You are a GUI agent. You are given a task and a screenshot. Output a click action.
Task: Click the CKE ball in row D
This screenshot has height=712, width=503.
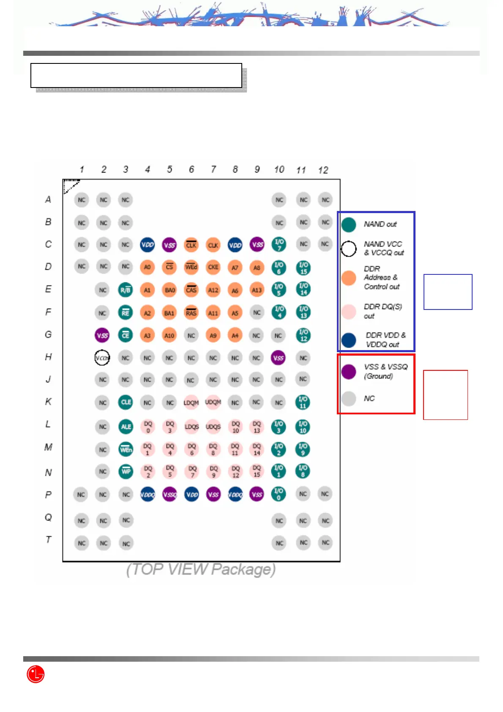tap(213, 267)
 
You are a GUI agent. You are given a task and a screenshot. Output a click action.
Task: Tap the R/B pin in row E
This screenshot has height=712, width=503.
tap(126, 290)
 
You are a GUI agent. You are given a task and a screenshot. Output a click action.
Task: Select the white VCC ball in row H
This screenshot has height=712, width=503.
tap(102, 358)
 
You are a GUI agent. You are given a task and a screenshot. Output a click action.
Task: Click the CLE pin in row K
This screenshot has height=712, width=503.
tap(126, 402)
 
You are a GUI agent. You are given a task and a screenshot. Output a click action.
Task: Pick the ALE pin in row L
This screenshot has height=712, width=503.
tap(126, 427)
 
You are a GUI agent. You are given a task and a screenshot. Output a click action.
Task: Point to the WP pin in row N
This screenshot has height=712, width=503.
tap(126, 471)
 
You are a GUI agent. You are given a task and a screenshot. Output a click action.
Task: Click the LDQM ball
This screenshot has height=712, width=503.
tap(191, 403)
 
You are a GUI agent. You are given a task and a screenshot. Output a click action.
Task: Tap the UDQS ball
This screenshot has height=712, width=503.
tap(213, 427)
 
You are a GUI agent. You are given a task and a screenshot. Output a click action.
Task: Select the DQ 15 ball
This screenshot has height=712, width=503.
tap(257, 471)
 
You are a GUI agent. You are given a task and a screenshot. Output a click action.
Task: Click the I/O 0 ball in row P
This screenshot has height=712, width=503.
tap(279, 494)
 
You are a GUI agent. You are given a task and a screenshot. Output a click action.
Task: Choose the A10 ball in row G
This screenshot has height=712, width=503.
tap(169, 336)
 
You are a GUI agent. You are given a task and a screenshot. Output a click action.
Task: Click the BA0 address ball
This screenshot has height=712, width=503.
tap(169, 290)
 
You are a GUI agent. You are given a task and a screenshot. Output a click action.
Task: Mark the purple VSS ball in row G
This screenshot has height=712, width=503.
tap(102, 335)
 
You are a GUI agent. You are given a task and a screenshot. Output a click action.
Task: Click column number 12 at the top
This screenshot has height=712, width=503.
tap(323, 170)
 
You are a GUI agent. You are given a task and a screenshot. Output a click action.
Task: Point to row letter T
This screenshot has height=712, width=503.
tap(49, 539)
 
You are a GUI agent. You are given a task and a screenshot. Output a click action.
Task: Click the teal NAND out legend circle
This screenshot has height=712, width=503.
tap(349, 225)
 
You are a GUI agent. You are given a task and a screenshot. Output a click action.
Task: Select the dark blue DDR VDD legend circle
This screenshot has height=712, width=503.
tap(349, 340)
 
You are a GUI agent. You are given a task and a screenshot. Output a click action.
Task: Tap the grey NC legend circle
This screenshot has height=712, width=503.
tap(349, 399)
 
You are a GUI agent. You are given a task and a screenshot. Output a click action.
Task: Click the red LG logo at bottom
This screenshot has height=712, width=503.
tap(36, 674)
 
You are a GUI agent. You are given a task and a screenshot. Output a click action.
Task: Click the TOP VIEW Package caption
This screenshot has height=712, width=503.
tap(201, 570)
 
